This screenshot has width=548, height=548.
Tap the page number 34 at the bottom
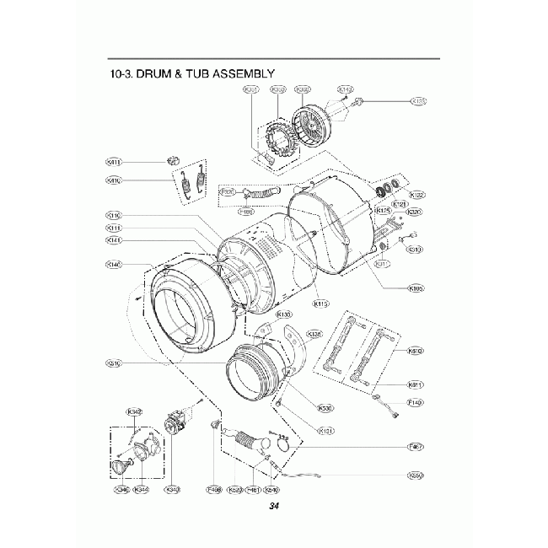(x=273, y=507)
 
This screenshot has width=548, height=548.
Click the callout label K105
(x=415, y=288)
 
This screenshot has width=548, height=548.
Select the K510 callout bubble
(x=415, y=350)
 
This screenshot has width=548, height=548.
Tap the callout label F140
(x=415, y=403)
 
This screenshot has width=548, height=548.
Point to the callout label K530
(x=325, y=408)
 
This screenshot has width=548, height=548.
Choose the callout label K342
(x=134, y=411)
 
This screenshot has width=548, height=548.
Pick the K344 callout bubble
(x=142, y=489)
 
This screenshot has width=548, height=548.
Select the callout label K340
(x=174, y=489)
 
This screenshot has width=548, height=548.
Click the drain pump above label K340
(x=176, y=422)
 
